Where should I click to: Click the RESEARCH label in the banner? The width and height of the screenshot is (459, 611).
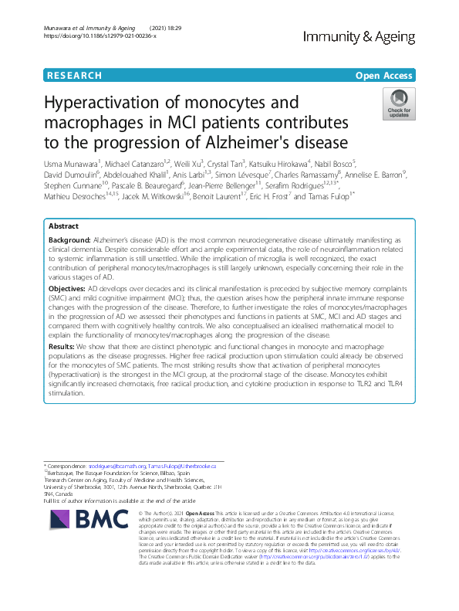click(74, 75)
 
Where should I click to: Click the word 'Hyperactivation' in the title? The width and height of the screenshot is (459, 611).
click(110, 104)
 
